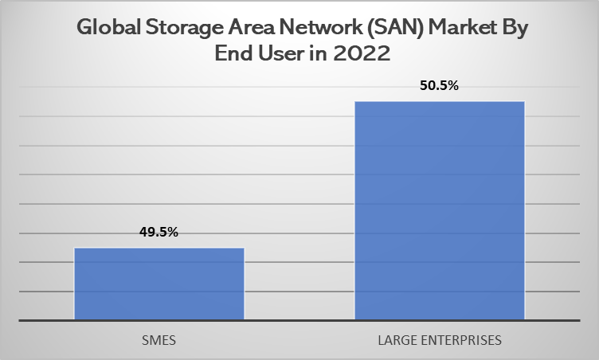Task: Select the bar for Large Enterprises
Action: pyautogui.click(x=439, y=211)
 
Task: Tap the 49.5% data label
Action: pyautogui.click(x=159, y=232)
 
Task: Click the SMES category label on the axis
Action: pyautogui.click(x=159, y=340)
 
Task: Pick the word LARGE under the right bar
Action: pyautogui.click(x=395, y=340)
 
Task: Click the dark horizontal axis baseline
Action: pyautogui.click(x=299, y=321)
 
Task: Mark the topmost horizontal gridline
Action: pyautogui.click(x=299, y=88)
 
